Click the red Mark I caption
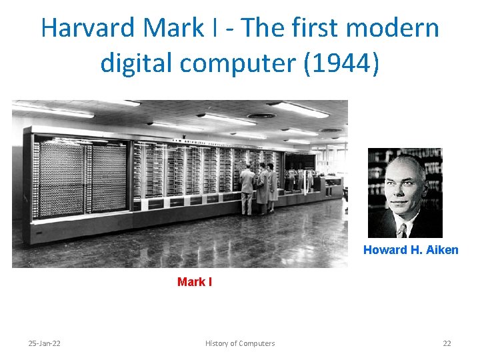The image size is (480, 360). pos(195,282)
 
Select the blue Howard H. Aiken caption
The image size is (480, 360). pos(411,250)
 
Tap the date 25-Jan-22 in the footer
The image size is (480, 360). pos(44,343)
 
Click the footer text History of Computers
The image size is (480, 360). pos(240,343)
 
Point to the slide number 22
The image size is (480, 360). pos(447,343)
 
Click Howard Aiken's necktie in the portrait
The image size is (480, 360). pos(401,230)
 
